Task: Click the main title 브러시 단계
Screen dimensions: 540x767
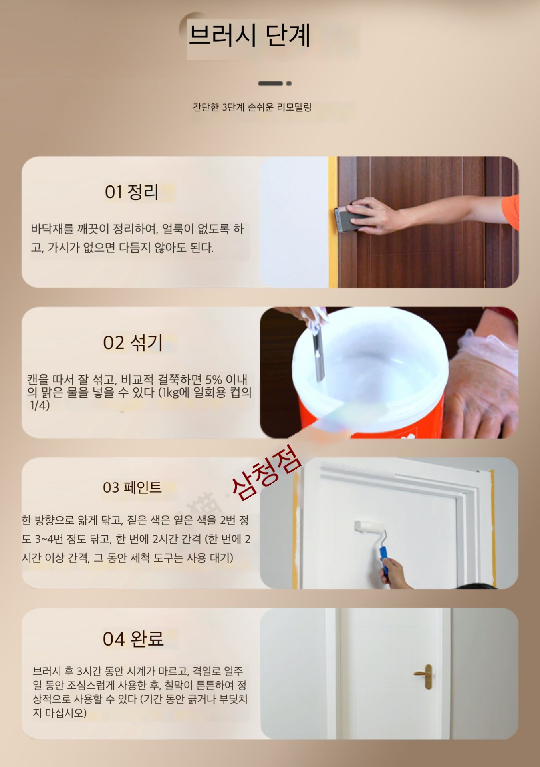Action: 249,35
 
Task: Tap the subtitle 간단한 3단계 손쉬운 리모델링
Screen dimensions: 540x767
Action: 252,107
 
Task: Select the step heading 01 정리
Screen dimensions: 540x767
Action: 132,192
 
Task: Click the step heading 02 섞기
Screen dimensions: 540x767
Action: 133,343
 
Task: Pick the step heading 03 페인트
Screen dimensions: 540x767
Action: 132,487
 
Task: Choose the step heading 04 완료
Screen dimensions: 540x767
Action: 133,638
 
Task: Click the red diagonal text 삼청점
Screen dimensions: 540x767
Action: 266,472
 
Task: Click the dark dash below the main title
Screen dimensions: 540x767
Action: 270,83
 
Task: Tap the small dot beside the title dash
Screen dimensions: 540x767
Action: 289,83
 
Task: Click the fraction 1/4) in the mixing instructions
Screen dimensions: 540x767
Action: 40,405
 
